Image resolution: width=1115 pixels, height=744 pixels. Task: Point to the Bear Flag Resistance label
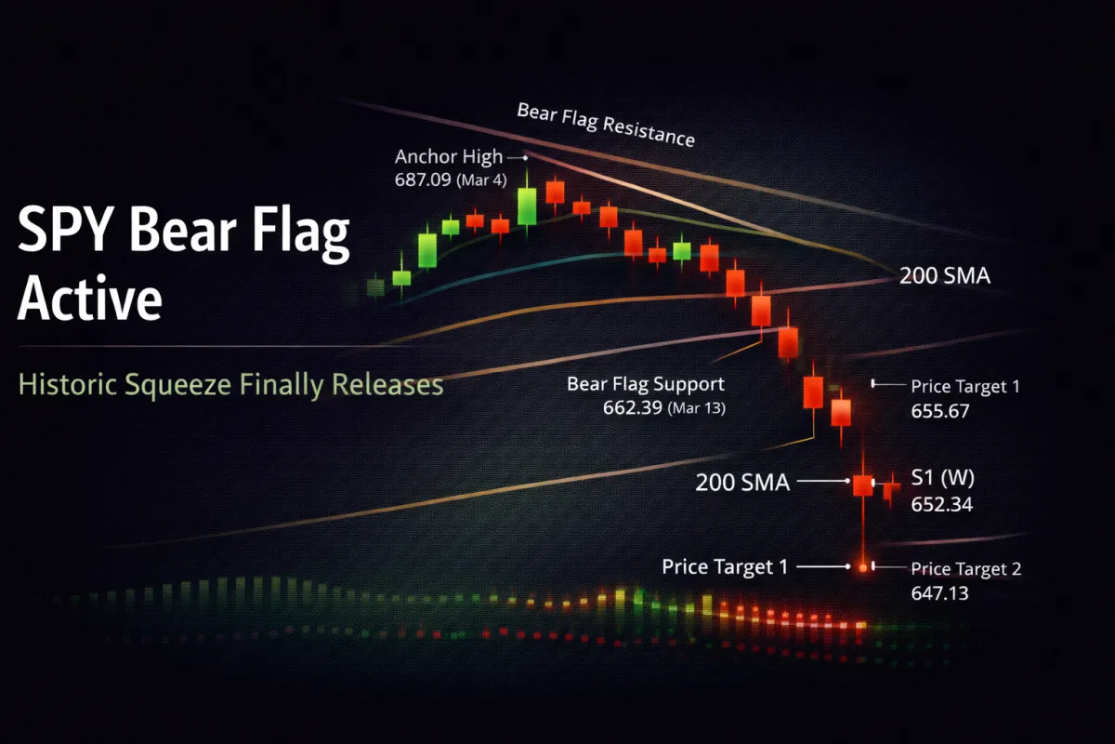coord(605,125)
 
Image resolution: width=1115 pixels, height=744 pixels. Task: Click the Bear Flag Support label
coord(646,383)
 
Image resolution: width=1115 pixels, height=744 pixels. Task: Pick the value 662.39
coord(633,405)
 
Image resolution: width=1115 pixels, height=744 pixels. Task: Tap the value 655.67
coord(940,409)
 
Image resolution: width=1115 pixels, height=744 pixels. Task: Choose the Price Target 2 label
coord(965,569)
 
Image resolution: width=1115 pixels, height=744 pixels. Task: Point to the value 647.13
coord(939,591)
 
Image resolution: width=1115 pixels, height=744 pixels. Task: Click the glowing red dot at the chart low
coord(863,565)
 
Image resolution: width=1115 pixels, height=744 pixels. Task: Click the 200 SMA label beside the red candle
coord(741,483)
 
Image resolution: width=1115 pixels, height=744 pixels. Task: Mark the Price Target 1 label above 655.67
coord(964,386)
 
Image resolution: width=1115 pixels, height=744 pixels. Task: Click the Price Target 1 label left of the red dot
coord(725,565)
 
